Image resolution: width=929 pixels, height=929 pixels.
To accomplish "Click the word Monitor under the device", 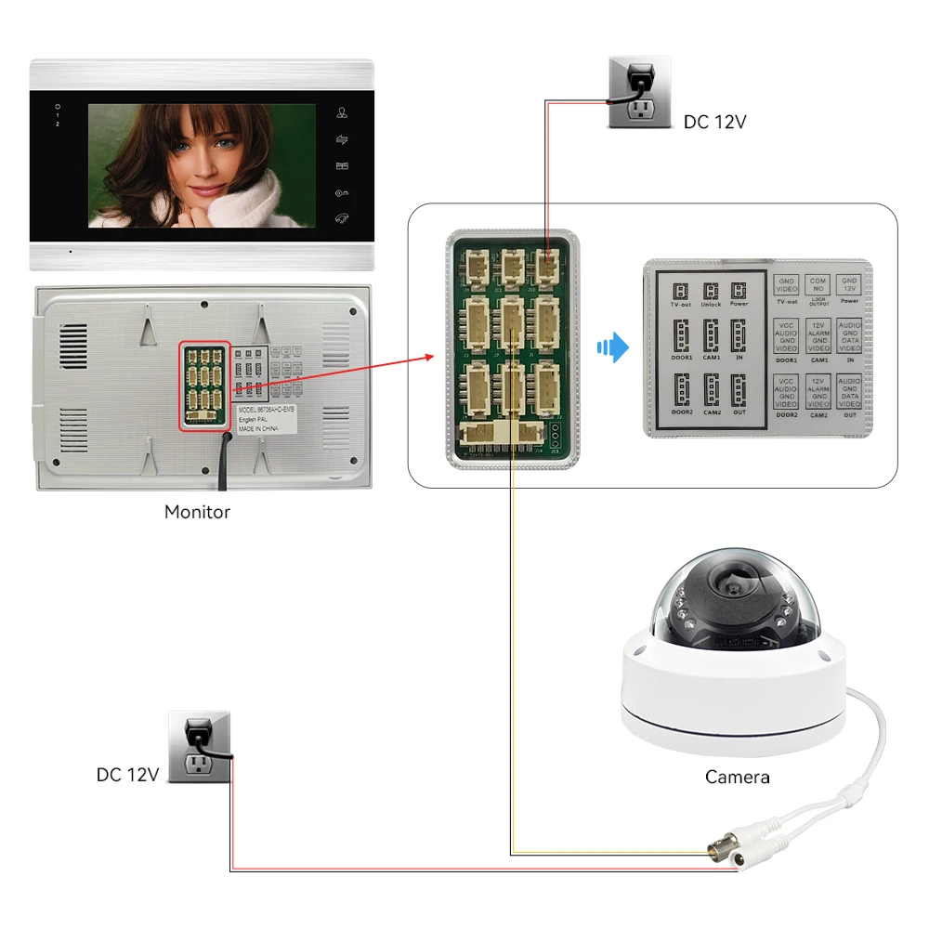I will (x=197, y=512).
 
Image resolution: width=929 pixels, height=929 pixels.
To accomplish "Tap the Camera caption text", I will (x=737, y=777).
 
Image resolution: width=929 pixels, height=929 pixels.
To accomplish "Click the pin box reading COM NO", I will (x=818, y=285).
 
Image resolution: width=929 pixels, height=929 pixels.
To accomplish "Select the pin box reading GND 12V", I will (x=849, y=285).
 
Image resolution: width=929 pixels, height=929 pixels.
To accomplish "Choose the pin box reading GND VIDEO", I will (x=787, y=285).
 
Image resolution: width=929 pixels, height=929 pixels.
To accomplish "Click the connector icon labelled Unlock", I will (x=711, y=291).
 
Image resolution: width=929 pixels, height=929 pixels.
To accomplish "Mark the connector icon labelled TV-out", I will (x=680, y=291).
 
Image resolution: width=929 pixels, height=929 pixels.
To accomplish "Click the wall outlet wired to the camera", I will (x=199, y=746).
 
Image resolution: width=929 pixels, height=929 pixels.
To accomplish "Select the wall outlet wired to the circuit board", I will (x=638, y=92).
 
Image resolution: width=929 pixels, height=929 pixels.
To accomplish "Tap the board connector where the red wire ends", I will (x=545, y=265).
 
